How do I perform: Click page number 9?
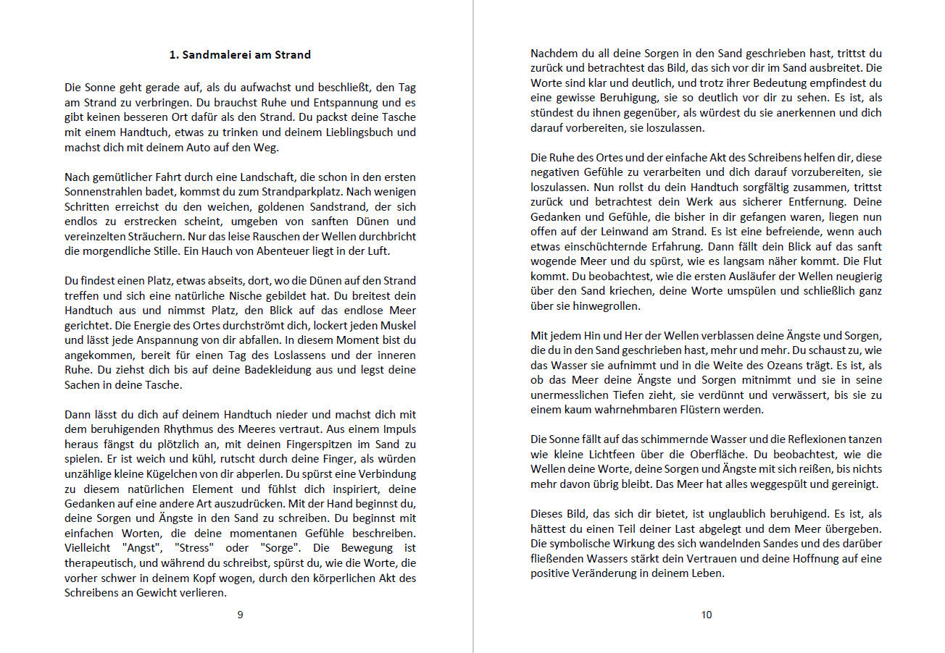coord(240,615)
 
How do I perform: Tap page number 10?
coord(707,615)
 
